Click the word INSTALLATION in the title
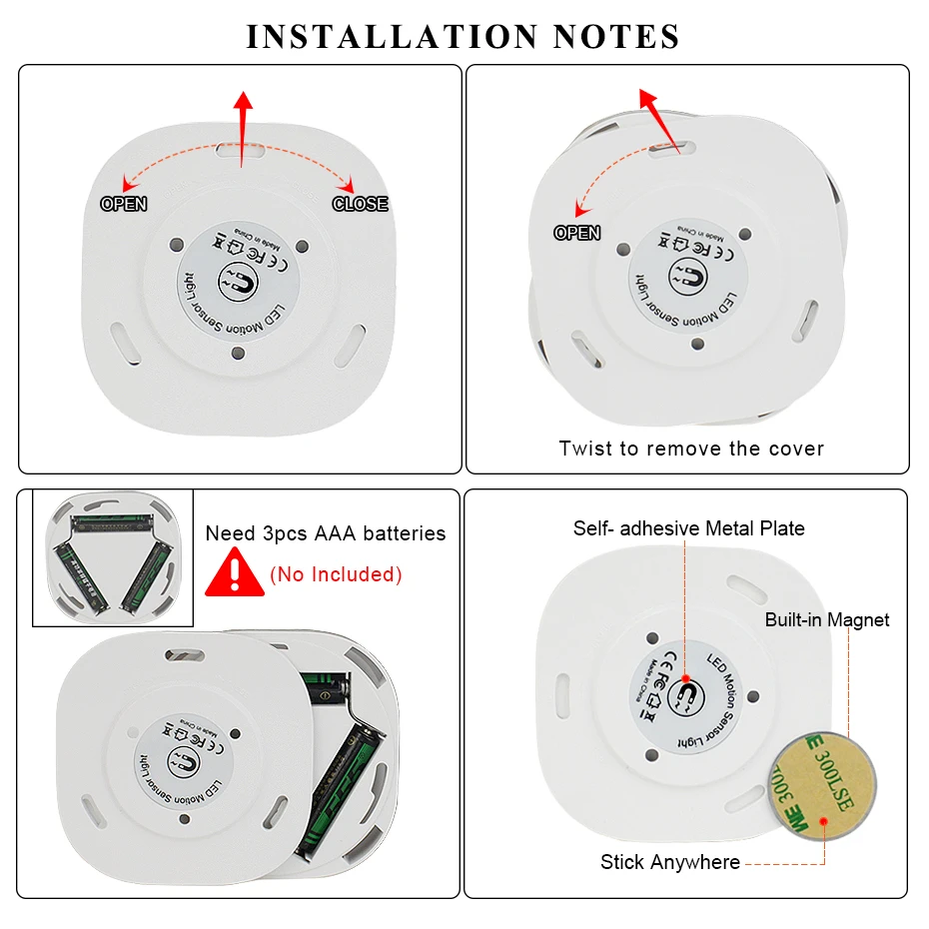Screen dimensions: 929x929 pyautogui.click(x=392, y=37)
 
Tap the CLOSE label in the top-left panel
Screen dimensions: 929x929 pyautogui.click(x=360, y=204)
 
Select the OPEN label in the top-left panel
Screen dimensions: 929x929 pyautogui.click(x=124, y=204)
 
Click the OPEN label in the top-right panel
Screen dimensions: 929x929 pyautogui.click(x=577, y=233)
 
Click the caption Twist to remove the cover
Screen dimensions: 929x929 pyautogui.click(x=691, y=449)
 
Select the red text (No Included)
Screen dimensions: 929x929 pyautogui.click(x=336, y=574)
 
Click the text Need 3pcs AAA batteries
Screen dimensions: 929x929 pyautogui.click(x=326, y=533)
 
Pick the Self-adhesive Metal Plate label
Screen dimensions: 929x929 pyautogui.click(x=688, y=528)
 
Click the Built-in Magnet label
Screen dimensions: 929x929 pyautogui.click(x=827, y=619)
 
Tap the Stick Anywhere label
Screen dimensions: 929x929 pyautogui.click(x=670, y=862)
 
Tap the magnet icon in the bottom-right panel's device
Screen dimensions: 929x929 pyautogui.click(x=688, y=690)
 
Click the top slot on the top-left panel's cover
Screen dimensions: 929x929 pyautogui.click(x=241, y=152)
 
